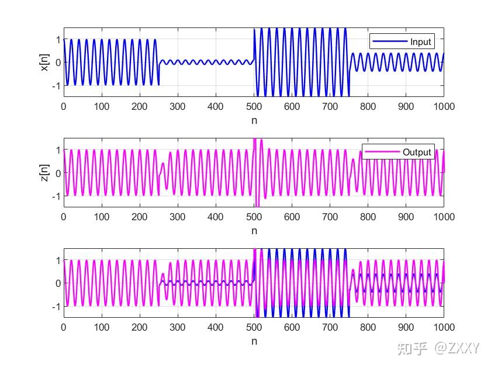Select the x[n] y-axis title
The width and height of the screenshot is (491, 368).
point(44,62)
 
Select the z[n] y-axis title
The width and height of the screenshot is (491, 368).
point(44,173)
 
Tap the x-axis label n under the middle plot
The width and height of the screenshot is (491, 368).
point(254,230)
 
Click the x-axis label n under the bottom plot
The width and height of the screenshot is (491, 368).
point(254,341)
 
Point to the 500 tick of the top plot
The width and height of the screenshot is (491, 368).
point(254,106)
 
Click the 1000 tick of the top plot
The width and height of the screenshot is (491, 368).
point(444,106)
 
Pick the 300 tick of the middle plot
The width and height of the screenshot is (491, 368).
point(178,217)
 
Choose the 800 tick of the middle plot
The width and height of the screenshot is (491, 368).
point(368,217)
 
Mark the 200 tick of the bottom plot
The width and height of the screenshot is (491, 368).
point(140,328)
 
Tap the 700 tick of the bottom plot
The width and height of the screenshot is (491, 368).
point(330,328)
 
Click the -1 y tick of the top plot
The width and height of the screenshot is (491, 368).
point(56,85)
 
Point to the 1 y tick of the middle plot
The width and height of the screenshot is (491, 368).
point(57,150)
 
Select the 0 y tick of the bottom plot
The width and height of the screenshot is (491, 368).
point(57,283)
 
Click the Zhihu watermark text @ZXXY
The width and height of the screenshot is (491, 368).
point(457,348)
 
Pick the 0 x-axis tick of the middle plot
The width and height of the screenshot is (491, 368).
point(64,217)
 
